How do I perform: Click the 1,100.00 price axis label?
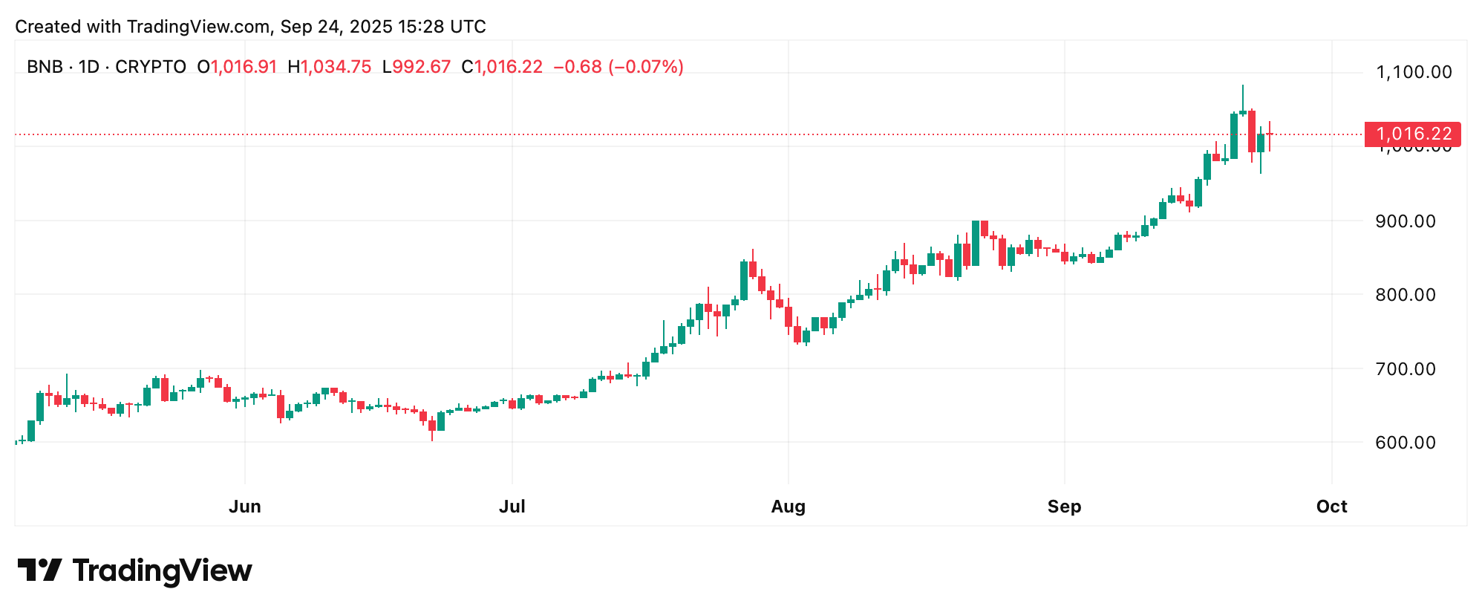[x=1414, y=72]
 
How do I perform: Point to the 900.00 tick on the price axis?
[x=1406, y=221]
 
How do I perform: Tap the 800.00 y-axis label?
[x=1406, y=295]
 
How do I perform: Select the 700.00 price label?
[x=1406, y=369]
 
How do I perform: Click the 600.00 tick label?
[x=1406, y=443]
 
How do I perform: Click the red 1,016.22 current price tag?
[x=1412, y=134]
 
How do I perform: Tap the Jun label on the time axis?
[x=245, y=507]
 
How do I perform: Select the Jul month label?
[x=512, y=507]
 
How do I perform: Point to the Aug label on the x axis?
[x=788, y=507]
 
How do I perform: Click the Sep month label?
[x=1064, y=507]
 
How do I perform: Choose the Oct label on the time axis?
[x=1331, y=507]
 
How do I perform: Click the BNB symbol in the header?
[x=45, y=67]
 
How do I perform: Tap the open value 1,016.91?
[x=244, y=67]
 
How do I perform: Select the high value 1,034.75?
[x=336, y=67]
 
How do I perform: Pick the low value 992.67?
[x=421, y=67]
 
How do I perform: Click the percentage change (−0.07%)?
[x=645, y=67]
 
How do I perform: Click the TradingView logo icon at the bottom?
[x=39, y=570]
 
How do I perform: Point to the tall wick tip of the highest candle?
[x=1243, y=86]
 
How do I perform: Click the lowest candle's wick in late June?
[x=432, y=438]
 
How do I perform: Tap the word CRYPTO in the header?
[x=151, y=67]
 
